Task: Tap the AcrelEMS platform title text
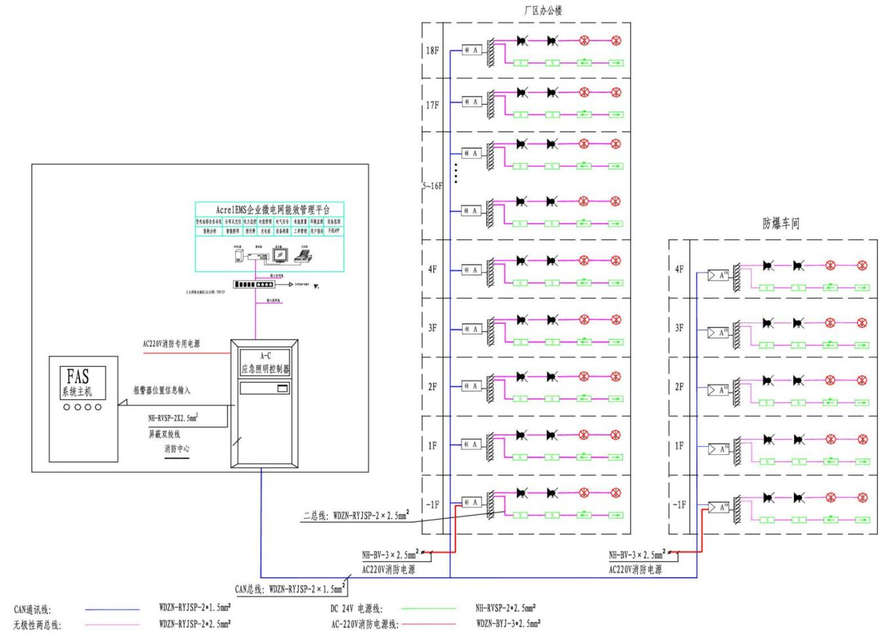coord(273,210)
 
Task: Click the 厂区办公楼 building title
coord(543,10)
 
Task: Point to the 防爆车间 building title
coord(781,224)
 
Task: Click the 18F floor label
coord(432,50)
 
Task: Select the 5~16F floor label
coord(432,186)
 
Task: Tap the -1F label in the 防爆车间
coord(679,505)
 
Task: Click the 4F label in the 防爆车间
coord(679,269)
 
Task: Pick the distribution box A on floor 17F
coord(472,102)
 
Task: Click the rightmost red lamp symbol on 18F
coord(616,41)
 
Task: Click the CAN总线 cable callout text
coord(289,589)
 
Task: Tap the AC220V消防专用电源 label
coord(171,344)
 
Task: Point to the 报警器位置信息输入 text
coord(162,390)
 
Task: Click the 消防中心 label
coord(176,449)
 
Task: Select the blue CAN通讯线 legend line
coord(112,610)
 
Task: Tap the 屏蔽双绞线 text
coord(164,434)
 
